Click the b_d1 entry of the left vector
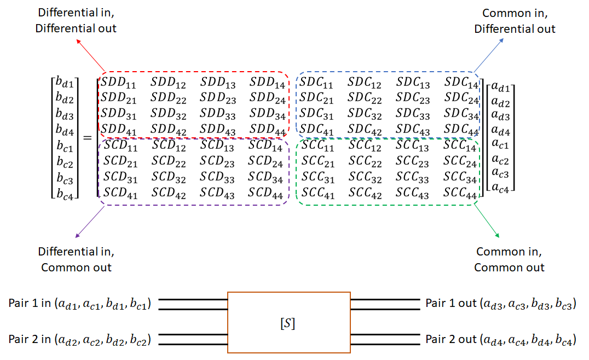65,84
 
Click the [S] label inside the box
288,323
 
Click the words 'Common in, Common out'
509,259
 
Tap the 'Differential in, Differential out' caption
76,21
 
